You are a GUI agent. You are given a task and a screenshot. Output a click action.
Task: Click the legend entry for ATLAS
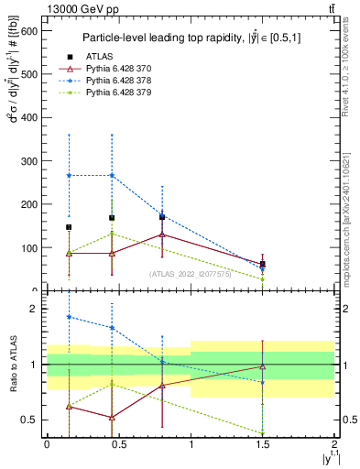click(x=98, y=56)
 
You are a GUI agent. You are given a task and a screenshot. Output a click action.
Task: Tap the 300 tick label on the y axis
click(x=31, y=160)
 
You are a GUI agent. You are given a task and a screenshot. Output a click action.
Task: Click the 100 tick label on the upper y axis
click(x=31, y=247)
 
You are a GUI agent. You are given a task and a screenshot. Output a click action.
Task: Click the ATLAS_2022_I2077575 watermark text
click(x=191, y=273)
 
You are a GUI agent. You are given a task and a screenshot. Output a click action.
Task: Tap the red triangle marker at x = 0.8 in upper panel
click(x=162, y=234)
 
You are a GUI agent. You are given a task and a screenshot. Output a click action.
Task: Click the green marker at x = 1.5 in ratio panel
click(x=263, y=433)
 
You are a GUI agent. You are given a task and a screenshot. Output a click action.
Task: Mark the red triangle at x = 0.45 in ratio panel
click(x=112, y=418)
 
